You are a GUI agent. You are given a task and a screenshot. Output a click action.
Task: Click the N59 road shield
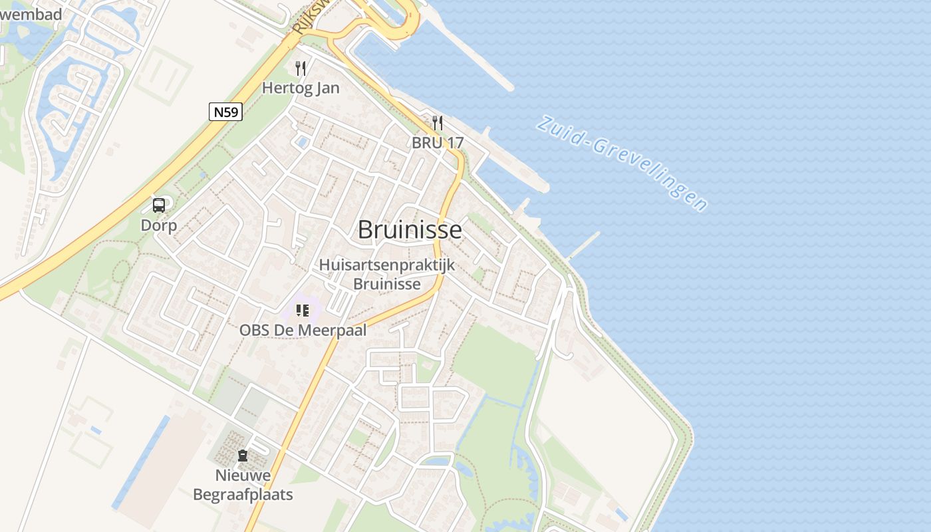tap(226, 112)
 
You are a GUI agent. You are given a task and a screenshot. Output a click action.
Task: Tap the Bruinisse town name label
tap(410, 230)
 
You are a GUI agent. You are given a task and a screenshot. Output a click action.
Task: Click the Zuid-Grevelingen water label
tap(622, 162)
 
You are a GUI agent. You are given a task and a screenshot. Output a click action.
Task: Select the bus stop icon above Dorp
tap(159, 205)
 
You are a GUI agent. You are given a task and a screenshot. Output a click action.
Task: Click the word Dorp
tap(159, 225)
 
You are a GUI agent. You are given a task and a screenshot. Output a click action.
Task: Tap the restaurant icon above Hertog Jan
tap(301, 68)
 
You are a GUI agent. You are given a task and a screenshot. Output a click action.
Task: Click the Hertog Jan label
tap(301, 88)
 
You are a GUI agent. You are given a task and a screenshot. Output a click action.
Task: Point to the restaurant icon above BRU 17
tap(438, 123)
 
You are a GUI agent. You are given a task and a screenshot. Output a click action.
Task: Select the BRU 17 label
tap(438, 142)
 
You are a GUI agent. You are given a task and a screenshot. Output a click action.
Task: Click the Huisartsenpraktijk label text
tap(387, 265)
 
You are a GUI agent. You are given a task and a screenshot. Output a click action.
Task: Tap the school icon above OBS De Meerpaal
tap(303, 310)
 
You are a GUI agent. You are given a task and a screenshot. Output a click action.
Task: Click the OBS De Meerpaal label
tap(303, 330)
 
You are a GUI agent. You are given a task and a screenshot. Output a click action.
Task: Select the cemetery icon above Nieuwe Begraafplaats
tap(243, 456)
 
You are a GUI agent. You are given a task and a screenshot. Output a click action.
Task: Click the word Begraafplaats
tap(243, 495)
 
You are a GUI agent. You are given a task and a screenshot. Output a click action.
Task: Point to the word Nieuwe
tap(243, 475)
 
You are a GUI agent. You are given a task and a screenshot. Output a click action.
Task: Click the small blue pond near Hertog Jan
tap(303, 142)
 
